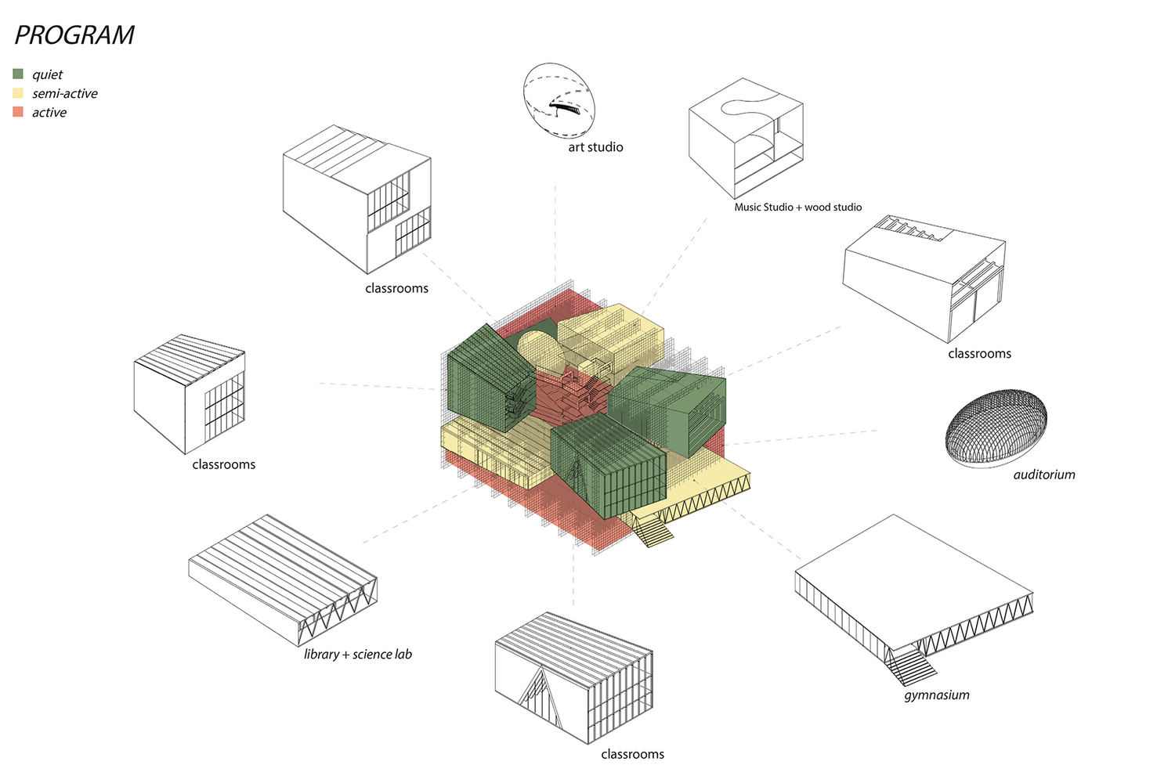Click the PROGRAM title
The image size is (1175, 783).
click(x=74, y=35)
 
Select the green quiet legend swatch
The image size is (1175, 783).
click(x=18, y=74)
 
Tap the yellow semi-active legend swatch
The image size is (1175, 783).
click(x=18, y=93)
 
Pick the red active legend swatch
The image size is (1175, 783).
click(x=18, y=112)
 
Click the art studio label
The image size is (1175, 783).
click(x=595, y=147)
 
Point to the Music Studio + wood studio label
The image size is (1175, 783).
click(x=798, y=207)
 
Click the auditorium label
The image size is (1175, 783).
click(x=1044, y=474)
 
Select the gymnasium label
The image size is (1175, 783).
click(x=936, y=695)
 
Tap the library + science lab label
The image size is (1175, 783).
click(x=358, y=655)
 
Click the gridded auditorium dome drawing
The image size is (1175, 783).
click(x=996, y=428)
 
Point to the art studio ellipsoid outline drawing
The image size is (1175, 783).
click(x=559, y=101)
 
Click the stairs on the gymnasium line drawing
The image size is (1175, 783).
click(x=910, y=667)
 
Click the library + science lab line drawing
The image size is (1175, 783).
click(x=283, y=580)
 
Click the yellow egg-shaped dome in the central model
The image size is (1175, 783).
click(x=541, y=352)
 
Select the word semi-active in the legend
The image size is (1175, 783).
click(x=65, y=93)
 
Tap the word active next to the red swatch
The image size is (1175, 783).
click(x=49, y=112)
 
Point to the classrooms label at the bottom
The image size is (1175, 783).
click(x=633, y=754)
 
